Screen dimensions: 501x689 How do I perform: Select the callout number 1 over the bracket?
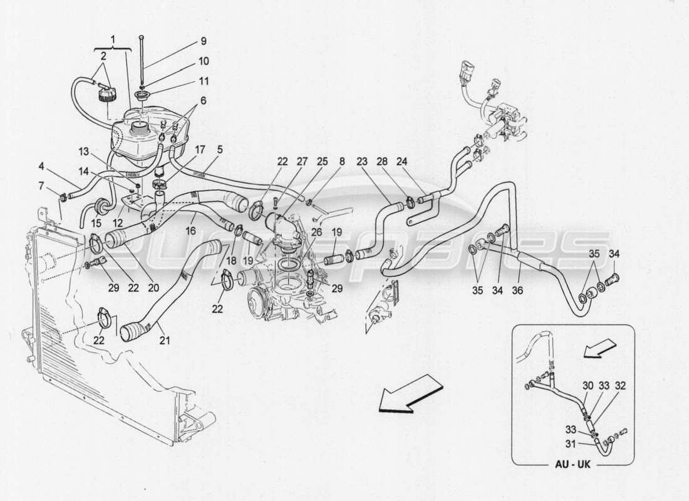113,39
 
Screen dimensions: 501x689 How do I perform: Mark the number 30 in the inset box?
586,386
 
